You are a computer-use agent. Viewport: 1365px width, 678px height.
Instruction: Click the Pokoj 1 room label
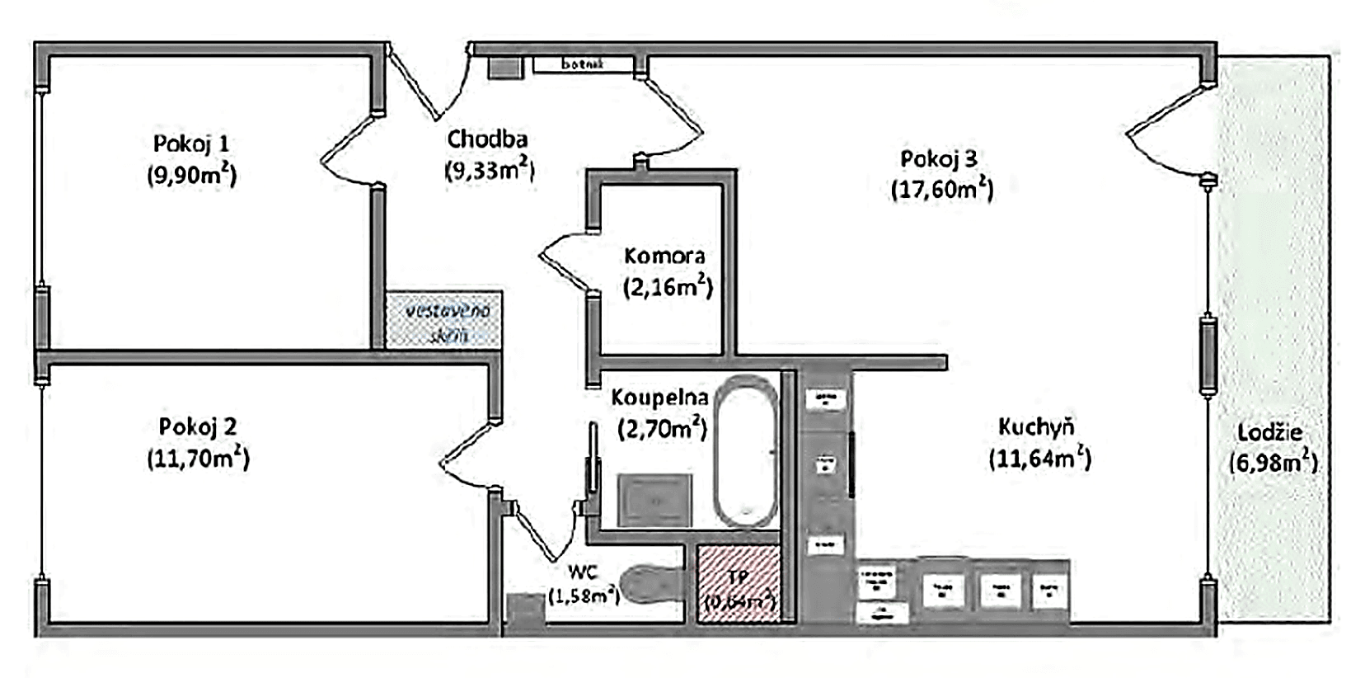(x=191, y=144)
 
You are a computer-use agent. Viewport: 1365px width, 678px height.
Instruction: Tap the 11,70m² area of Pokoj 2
(x=198, y=458)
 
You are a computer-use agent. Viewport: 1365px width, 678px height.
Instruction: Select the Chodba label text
(x=487, y=139)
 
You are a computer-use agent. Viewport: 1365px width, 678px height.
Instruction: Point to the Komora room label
(x=664, y=256)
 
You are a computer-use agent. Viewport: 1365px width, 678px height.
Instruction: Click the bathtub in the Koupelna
(x=745, y=451)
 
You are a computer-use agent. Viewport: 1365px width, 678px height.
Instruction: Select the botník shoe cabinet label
(x=583, y=64)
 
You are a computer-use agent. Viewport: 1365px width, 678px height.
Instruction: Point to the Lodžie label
(x=1269, y=432)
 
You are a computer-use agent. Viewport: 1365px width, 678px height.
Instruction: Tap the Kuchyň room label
(x=1035, y=427)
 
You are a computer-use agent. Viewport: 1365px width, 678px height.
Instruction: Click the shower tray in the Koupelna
(x=654, y=500)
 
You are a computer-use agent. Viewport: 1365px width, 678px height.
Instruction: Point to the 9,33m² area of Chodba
(x=490, y=171)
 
